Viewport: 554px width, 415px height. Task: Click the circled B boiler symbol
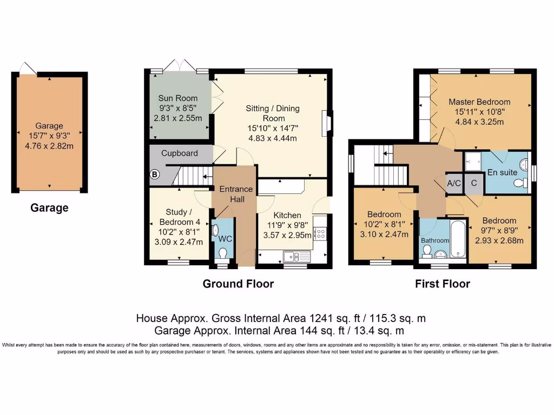[155, 175]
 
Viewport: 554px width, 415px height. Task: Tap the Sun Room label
[177, 98]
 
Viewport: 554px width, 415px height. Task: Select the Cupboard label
[179, 153]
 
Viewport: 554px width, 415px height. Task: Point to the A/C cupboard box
[454, 183]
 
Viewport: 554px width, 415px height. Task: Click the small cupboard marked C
[474, 183]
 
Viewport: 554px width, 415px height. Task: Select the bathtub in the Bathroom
[458, 239]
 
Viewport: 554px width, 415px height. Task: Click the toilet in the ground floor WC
[222, 252]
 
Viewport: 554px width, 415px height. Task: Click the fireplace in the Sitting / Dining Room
[327, 123]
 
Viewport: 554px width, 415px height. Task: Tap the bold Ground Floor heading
[238, 284]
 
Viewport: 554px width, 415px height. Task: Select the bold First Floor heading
[443, 284]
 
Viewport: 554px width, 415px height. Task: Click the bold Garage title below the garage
[49, 207]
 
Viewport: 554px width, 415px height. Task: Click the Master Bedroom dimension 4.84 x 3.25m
[479, 122]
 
